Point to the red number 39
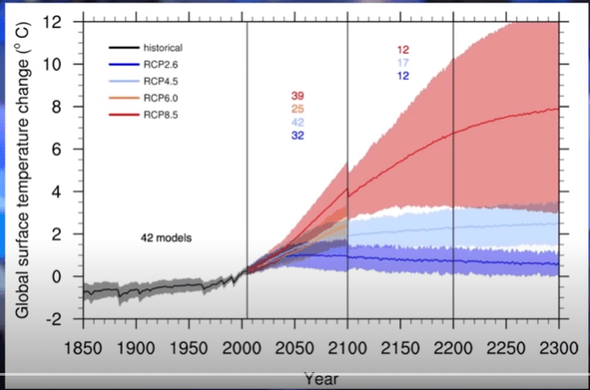point(297,96)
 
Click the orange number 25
point(297,108)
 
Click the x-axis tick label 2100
point(347,348)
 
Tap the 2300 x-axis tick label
point(559,348)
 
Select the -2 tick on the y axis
point(54,319)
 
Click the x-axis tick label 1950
point(188,348)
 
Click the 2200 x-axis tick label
point(453,348)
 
